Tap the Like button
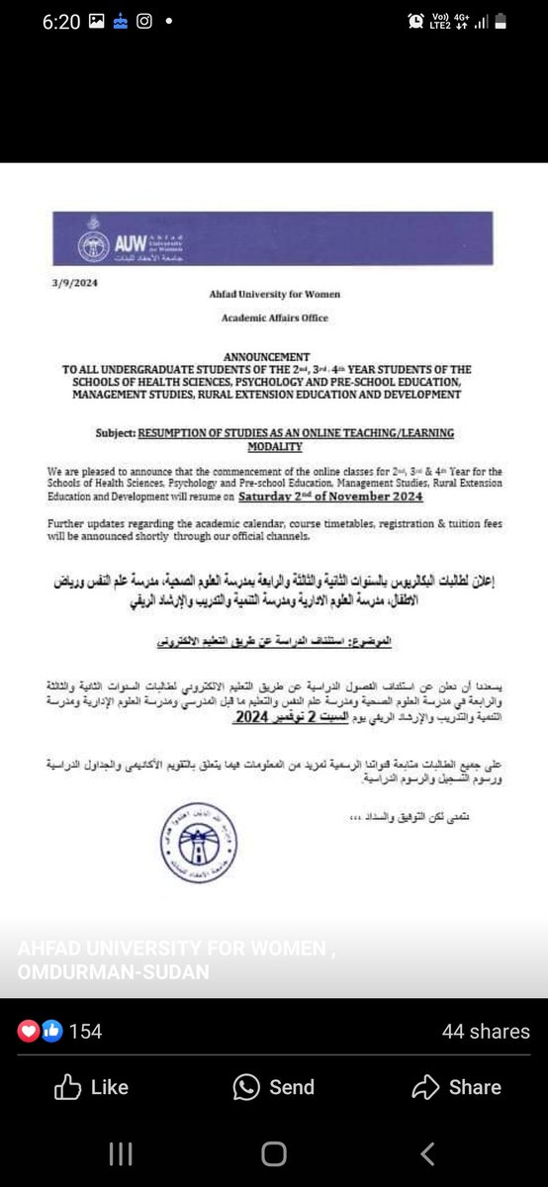(x=91, y=1087)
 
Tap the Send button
(x=273, y=1087)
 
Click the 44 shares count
(x=486, y=1032)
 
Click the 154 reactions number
(x=86, y=1032)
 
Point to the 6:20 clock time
(x=59, y=22)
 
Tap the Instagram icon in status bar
(x=144, y=22)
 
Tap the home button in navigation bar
(x=274, y=1153)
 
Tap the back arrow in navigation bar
(x=427, y=1153)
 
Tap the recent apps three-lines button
(x=120, y=1153)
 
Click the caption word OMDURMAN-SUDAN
(x=113, y=972)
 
